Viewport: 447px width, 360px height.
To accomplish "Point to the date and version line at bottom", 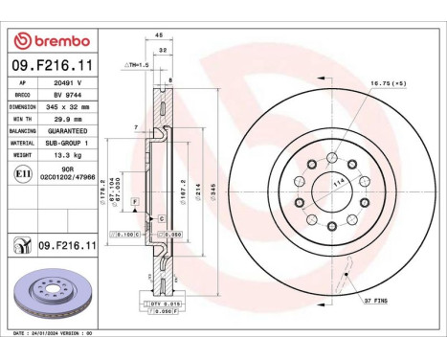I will pos(57,332).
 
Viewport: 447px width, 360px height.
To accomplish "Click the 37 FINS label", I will pos(375,302).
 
